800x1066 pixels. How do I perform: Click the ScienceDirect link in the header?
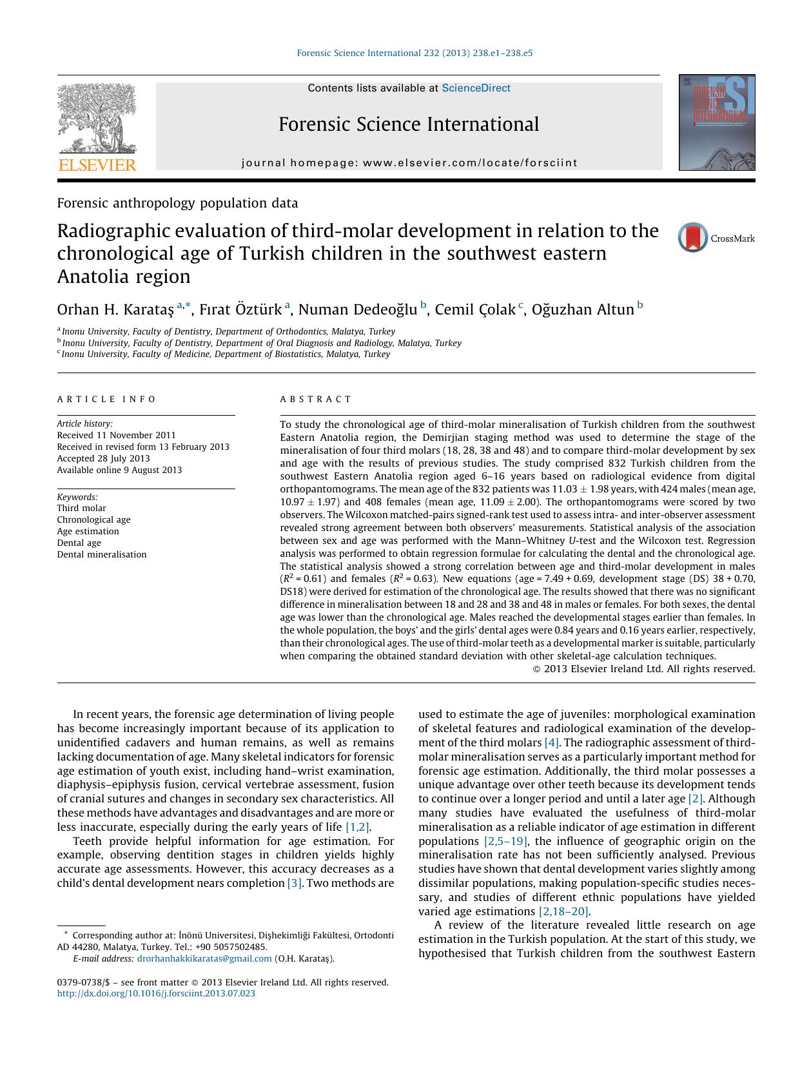tap(476, 88)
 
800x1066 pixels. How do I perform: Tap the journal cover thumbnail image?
tap(716, 122)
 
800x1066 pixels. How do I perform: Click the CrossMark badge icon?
tap(693, 238)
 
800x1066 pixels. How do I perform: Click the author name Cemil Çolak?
tap(475, 310)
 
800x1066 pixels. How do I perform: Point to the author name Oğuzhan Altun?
tap(583, 310)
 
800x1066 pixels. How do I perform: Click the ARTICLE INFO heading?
tap(106, 400)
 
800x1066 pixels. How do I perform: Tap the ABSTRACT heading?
tap(316, 400)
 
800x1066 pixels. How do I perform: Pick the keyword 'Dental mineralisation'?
tap(102, 554)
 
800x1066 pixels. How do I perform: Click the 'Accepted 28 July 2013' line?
tap(103, 458)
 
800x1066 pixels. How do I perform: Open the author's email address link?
tap(204, 958)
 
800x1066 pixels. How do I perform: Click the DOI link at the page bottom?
tap(156, 993)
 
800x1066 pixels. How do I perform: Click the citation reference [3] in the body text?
tap(294, 883)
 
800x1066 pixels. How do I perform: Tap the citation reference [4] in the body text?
tap(552, 742)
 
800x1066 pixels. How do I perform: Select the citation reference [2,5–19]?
tap(506, 841)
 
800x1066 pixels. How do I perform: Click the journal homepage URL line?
tap(409, 163)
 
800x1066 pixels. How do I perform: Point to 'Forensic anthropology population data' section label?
tap(177, 203)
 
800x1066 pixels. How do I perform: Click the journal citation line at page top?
tap(415, 53)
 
